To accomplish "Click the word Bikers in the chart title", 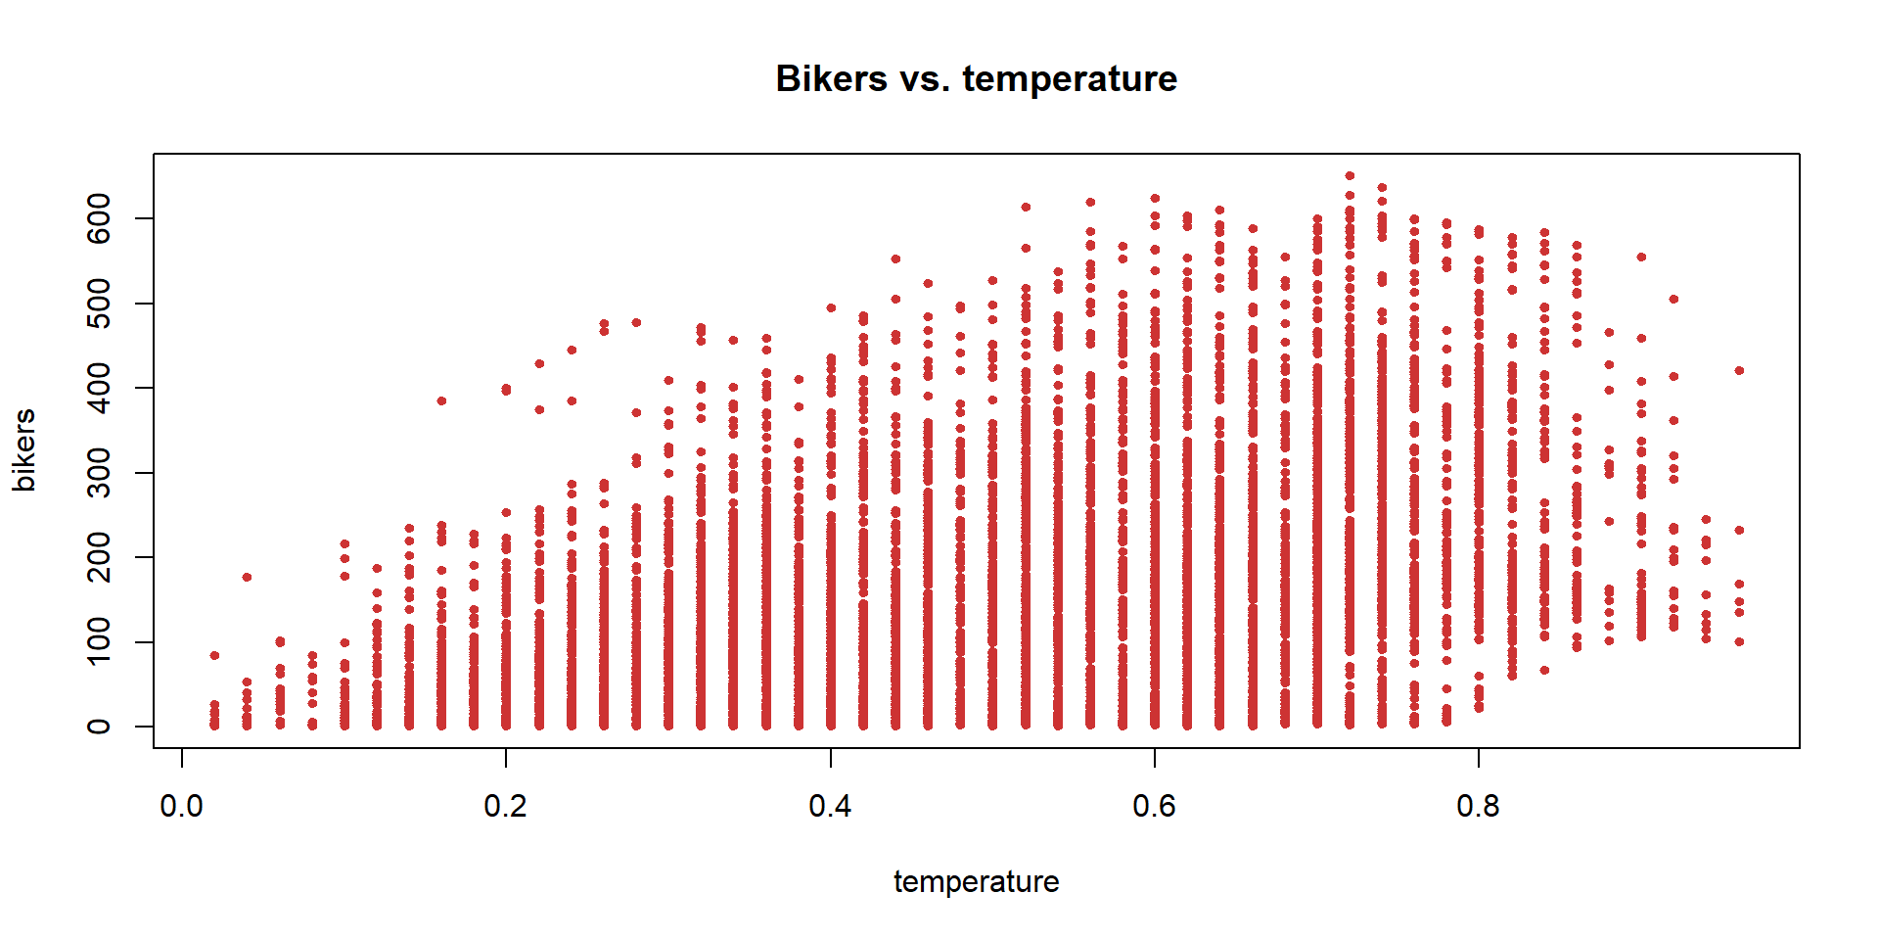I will (831, 79).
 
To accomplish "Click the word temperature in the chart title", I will (1070, 79).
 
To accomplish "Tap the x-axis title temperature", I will (976, 881).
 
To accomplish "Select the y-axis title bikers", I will (23, 450).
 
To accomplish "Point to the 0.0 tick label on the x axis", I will (181, 806).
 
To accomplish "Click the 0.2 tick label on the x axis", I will (505, 806).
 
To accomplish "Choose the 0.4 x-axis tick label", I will (830, 806).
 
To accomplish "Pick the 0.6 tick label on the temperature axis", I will (1154, 806).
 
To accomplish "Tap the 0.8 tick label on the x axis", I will (1478, 806).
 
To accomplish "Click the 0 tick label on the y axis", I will (99, 727).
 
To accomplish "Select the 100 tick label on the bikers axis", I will (99, 641).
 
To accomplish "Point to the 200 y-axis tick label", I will (99, 557).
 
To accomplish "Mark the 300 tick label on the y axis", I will (99, 473).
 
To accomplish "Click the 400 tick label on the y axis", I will (99, 388).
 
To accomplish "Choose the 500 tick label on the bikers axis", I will (99, 304).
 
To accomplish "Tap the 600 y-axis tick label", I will (99, 218).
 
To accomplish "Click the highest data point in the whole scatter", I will (1350, 176).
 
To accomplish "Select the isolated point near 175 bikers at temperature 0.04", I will (247, 577).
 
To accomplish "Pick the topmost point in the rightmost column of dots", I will (1739, 370).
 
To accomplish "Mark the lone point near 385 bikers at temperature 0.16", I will (441, 400).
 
